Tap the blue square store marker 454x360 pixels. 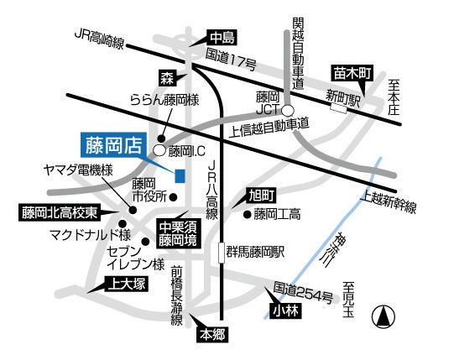click(x=180, y=175)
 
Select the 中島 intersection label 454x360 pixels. click(x=221, y=37)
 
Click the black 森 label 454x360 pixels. click(x=167, y=78)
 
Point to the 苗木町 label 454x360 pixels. click(x=352, y=73)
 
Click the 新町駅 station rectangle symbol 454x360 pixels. click(x=339, y=108)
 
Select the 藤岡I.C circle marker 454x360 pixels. click(x=159, y=150)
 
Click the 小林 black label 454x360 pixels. click(x=283, y=312)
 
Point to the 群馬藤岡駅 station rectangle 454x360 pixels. click(x=220, y=251)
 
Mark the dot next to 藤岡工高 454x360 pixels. click(x=248, y=214)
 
